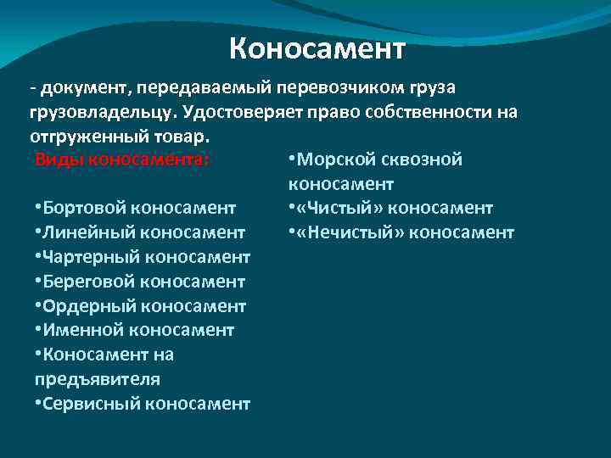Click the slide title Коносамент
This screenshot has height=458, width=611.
[317, 49]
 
